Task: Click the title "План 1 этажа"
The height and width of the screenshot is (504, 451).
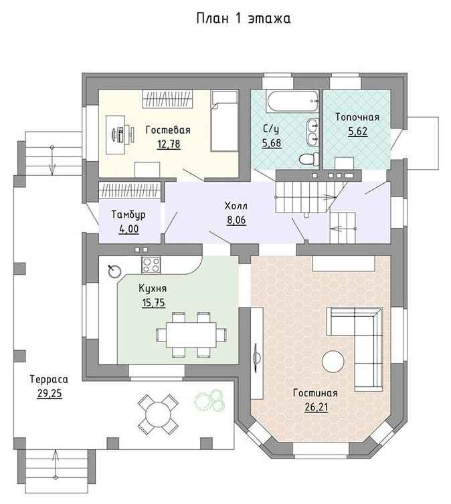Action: click(x=243, y=18)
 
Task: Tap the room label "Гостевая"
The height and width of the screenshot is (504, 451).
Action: click(x=168, y=130)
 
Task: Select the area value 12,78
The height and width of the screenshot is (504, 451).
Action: click(x=169, y=144)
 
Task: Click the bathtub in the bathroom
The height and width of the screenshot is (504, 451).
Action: click(x=292, y=102)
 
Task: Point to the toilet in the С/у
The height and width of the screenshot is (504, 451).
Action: click(x=309, y=159)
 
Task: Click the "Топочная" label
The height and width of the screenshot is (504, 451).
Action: click(x=357, y=117)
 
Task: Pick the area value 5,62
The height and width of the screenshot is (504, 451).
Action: click(x=357, y=132)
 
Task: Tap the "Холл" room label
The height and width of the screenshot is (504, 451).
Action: click(x=236, y=206)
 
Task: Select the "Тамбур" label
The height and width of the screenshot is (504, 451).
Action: click(x=128, y=215)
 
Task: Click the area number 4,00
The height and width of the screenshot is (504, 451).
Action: click(x=128, y=229)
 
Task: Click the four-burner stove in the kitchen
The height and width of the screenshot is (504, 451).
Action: click(x=151, y=265)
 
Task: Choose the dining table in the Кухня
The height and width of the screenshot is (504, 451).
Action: click(x=191, y=335)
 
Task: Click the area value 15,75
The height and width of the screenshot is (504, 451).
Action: click(x=153, y=303)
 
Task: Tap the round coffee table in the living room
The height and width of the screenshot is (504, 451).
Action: click(x=333, y=362)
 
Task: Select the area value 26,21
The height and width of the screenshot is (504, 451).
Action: click(x=316, y=408)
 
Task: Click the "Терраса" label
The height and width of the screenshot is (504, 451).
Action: click(x=49, y=379)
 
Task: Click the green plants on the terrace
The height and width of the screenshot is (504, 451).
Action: click(x=209, y=400)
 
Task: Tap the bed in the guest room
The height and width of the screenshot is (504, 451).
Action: click(x=225, y=121)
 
